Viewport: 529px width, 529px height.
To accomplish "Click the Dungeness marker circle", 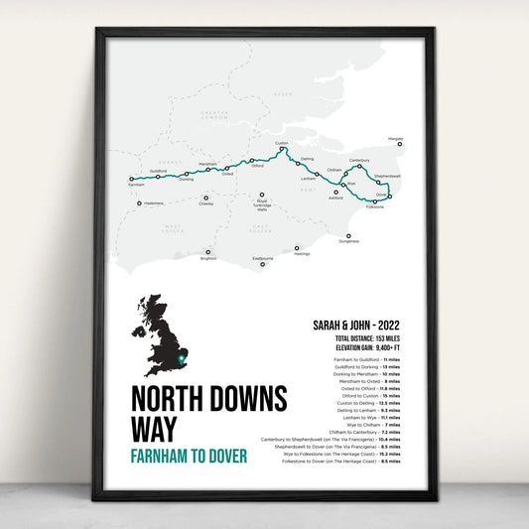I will pos(348,236).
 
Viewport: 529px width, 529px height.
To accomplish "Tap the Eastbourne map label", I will pos(262,259).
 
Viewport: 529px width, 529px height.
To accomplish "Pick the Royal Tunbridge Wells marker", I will pos(262,198).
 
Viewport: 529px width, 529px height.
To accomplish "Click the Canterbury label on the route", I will pos(359,160).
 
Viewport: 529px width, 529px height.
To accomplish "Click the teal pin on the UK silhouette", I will pos(180,355).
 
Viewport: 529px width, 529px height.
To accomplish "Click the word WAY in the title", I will pos(155,429).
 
